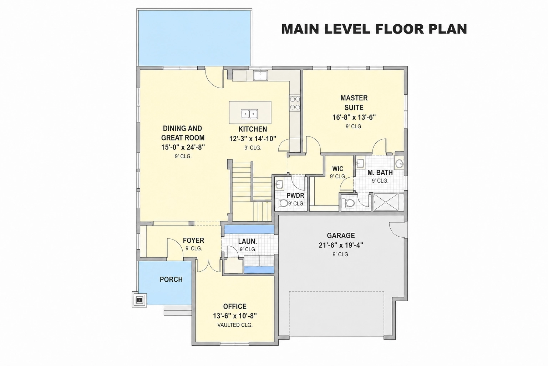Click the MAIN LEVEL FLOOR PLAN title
click(374, 29)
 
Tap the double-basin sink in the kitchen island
click(249, 114)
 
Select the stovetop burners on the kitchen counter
click(295, 103)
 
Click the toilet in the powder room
click(281, 203)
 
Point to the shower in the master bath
click(388, 202)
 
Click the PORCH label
click(171, 280)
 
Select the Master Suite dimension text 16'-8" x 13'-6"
click(354, 118)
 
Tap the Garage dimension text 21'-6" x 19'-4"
click(341, 245)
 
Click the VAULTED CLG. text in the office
click(235, 325)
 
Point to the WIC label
click(338, 169)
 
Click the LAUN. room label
click(248, 242)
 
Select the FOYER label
click(193, 241)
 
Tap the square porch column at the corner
click(139, 299)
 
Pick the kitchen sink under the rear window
click(260, 75)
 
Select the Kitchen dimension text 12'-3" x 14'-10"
click(253, 139)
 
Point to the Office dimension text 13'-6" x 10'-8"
click(235, 316)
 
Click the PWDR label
click(295, 196)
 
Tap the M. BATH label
click(380, 173)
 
